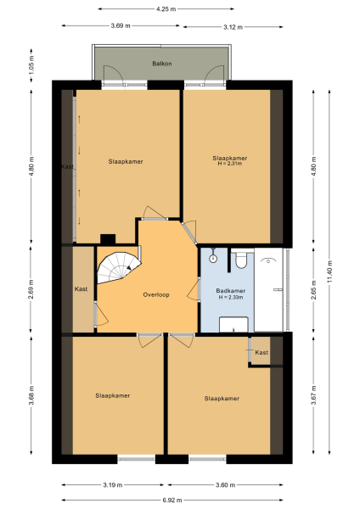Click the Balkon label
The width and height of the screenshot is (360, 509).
click(x=162, y=64)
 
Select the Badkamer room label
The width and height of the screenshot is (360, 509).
click(x=230, y=290)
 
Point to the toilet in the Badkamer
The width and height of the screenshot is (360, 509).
click(x=242, y=258)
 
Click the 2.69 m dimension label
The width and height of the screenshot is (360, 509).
click(x=31, y=289)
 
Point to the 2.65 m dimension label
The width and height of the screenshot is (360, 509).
click(x=315, y=288)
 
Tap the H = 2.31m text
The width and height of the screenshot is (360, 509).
click(x=230, y=165)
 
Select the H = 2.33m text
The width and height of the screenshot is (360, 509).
click(x=230, y=298)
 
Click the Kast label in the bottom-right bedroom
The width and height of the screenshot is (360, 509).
click(x=262, y=352)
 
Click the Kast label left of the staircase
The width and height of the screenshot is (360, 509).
click(x=82, y=289)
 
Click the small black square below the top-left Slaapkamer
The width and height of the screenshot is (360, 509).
click(x=107, y=238)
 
